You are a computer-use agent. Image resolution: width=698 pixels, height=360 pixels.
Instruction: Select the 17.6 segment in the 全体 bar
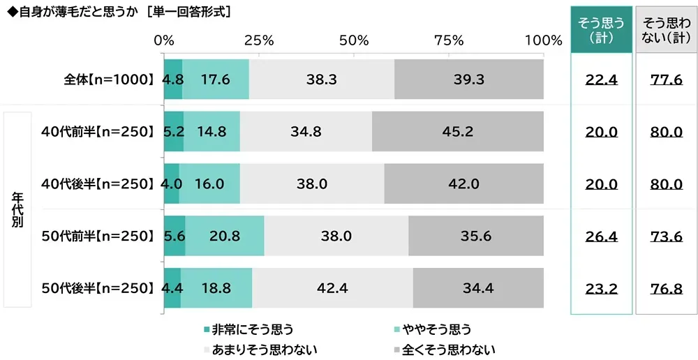(x=215, y=80)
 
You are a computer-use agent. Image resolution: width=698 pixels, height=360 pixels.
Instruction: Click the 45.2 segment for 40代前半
(x=457, y=131)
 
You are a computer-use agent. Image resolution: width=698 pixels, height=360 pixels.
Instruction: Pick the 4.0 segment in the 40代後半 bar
(x=171, y=183)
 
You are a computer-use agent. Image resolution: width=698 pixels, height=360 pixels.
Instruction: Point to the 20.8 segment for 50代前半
(x=224, y=236)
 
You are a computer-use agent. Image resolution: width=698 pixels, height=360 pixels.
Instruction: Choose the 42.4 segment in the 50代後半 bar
(x=332, y=288)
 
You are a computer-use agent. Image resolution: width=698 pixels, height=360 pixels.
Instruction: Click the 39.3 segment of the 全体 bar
(x=468, y=80)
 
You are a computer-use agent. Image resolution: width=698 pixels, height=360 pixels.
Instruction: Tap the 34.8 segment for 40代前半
(x=306, y=131)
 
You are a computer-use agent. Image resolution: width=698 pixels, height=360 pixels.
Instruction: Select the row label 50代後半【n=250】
(x=97, y=288)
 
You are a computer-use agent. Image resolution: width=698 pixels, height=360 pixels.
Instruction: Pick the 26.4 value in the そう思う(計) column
(x=601, y=236)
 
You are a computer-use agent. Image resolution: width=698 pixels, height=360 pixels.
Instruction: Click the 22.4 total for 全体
(x=601, y=80)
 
